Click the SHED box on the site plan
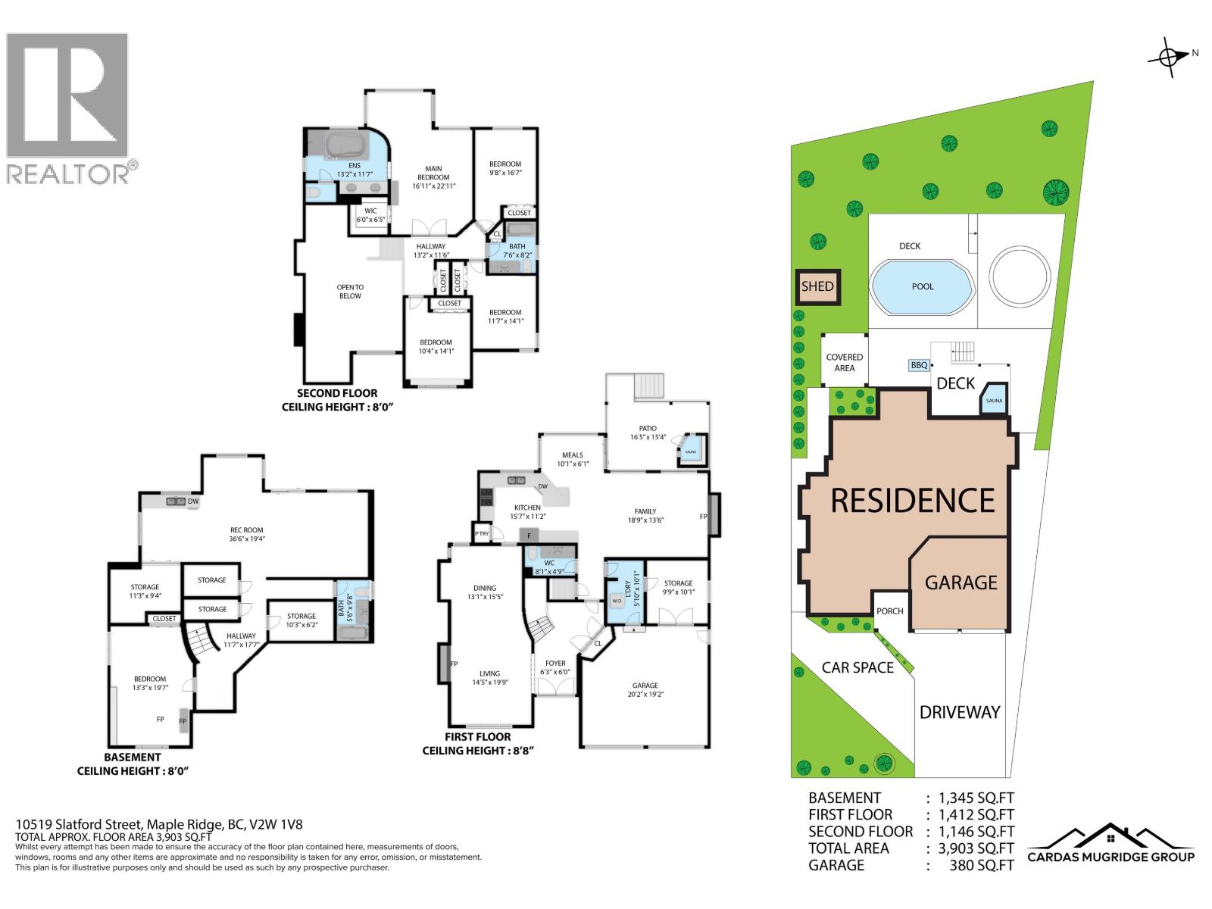tap(817, 286)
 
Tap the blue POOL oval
tap(923, 286)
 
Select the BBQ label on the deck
tap(919, 365)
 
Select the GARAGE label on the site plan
tap(961, 582)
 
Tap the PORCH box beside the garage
tap(890, 611)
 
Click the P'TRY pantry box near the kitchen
tap(482, 533)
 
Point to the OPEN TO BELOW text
tap(350, 292)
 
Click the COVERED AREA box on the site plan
tap(844, 362)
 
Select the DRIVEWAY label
tap(960, 712)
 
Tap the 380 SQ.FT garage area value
tap(981, 865)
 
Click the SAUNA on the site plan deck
tap(994, 400)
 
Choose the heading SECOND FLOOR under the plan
tap(337, 394)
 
